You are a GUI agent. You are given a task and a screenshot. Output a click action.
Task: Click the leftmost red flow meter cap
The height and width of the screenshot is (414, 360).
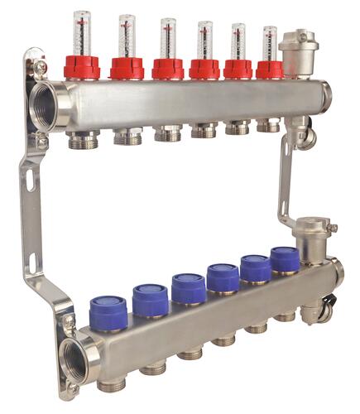82,68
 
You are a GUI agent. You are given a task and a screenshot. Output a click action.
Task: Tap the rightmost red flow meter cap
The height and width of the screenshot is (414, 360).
269,69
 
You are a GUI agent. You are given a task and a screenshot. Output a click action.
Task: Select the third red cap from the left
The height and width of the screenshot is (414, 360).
168,68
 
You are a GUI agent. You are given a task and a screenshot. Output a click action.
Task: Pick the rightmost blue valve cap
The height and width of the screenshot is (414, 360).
285,259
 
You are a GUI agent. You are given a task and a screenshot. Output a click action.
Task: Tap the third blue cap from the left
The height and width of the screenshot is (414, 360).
189,286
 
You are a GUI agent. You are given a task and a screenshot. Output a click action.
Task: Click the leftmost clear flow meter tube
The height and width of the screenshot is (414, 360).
81,33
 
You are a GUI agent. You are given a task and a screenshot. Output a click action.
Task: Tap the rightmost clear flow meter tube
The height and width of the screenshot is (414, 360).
270,43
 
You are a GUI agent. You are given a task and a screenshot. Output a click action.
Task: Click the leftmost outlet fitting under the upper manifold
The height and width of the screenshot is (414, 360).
84,139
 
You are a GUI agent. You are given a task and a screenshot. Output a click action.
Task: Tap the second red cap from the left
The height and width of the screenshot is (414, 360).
127,68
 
